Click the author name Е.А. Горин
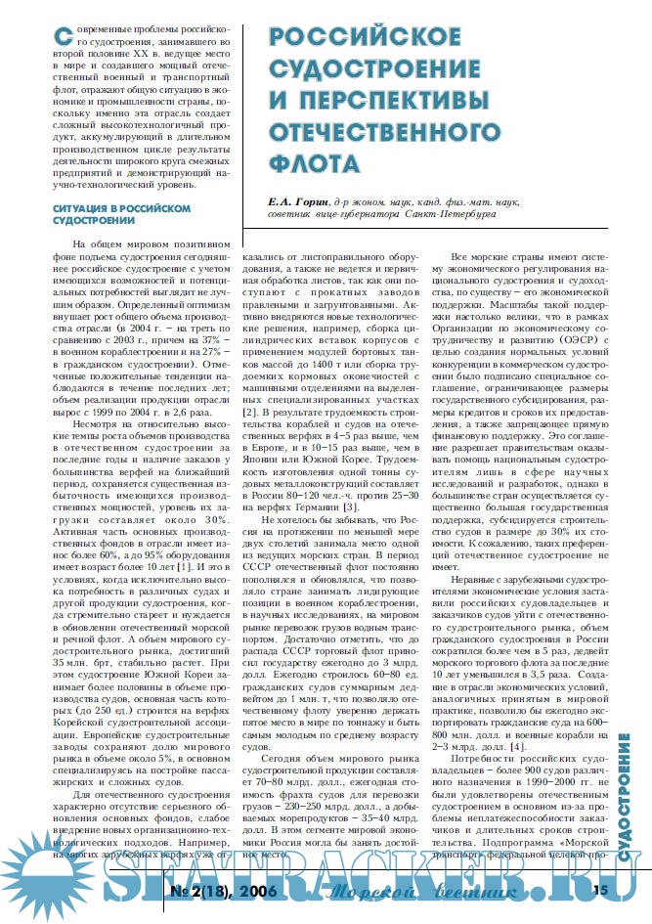(302, 200)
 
